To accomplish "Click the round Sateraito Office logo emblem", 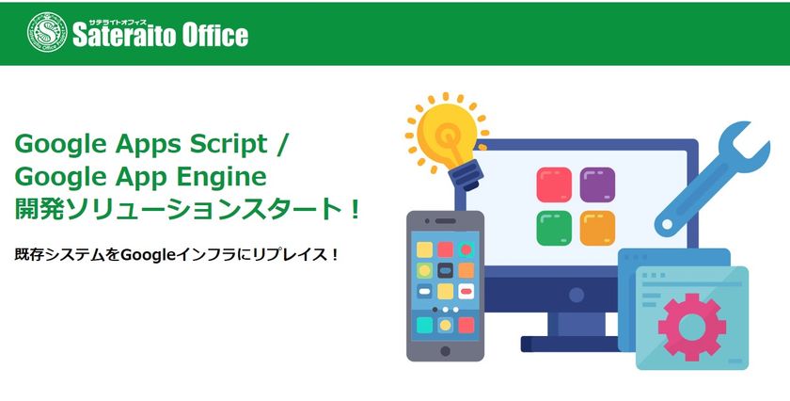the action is [47, 32].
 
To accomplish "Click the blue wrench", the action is [712, 179].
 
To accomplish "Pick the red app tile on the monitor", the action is [554, 184].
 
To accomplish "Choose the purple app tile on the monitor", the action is [597, 184].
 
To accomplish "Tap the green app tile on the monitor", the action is [554, 228].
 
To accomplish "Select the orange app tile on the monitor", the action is [597, 228].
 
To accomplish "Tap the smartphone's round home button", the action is [446, 351].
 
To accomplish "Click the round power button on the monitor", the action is [577, 295].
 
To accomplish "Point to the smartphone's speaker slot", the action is [446, 221].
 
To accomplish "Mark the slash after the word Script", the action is [281, 145].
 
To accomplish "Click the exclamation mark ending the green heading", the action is [355, 209].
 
